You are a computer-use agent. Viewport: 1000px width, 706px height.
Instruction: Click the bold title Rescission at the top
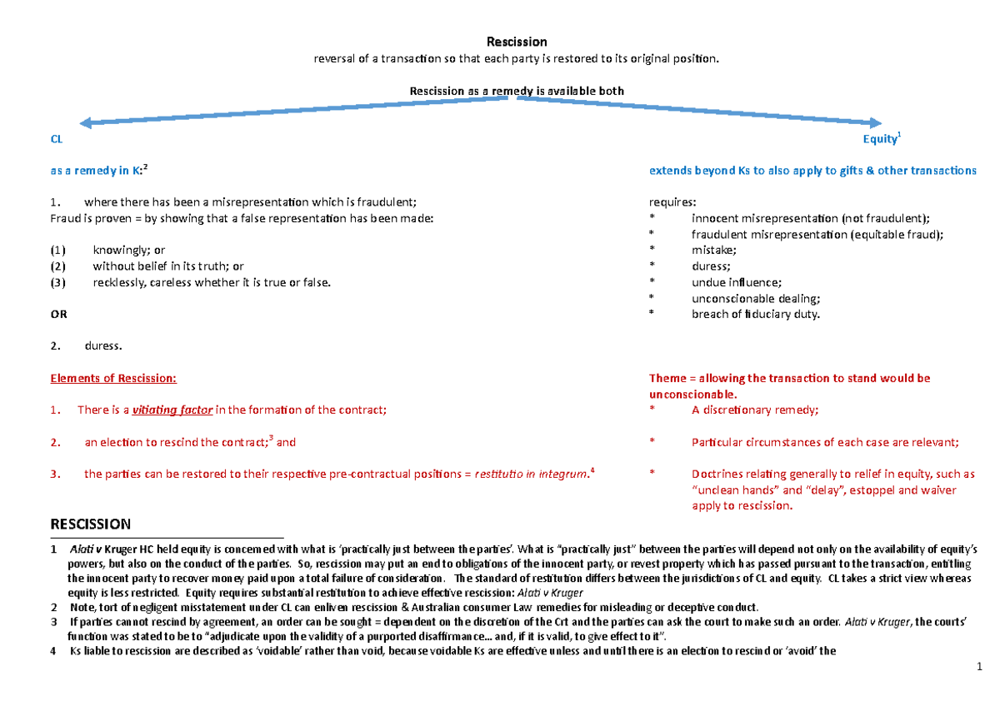(517, 42)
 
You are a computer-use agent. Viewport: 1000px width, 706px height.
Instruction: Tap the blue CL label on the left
(57, 141)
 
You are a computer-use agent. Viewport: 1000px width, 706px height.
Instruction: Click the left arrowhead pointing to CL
(73, 122)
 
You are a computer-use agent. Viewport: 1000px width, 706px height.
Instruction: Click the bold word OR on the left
(59, 315)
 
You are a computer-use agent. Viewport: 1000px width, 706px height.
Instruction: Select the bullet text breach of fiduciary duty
(755, 314)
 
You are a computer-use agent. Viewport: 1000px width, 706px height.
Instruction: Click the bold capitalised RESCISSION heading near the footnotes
(91, 524)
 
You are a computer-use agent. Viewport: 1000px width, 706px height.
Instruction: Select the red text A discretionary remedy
(755, 410)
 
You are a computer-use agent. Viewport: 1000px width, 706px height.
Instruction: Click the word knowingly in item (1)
(116, 250)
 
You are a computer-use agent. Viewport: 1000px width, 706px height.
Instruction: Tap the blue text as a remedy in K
(97, 171)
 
